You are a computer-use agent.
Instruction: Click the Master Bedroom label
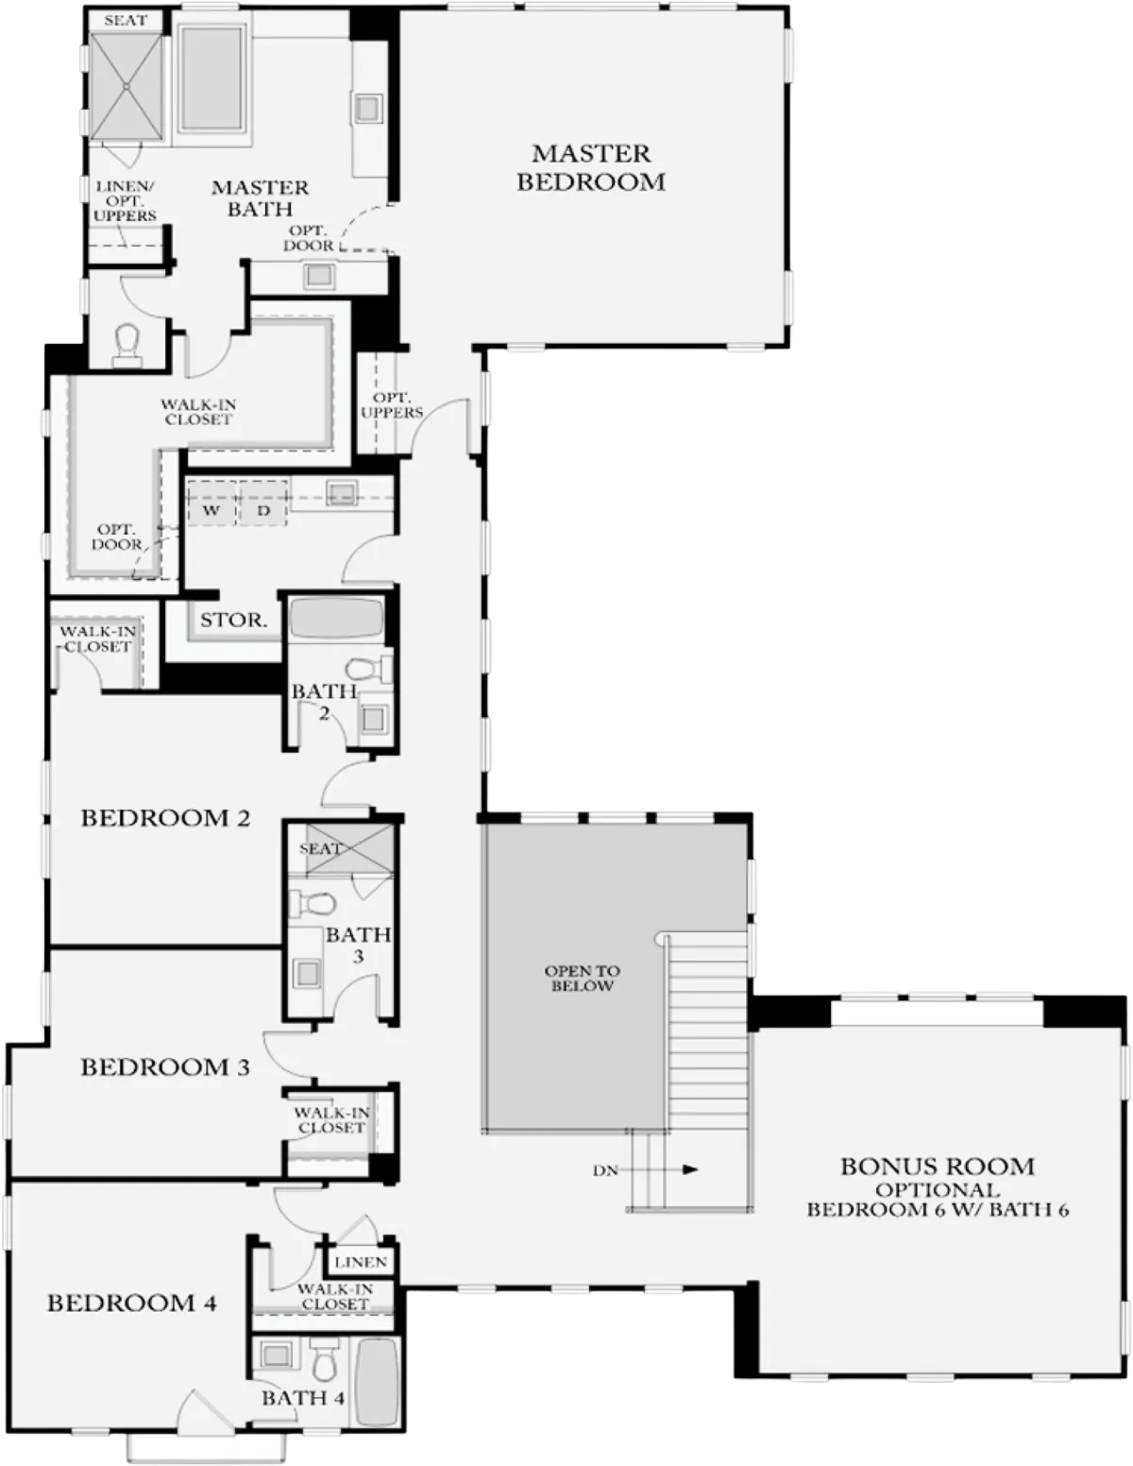coord(590,167)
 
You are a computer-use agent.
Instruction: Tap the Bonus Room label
coord(938,1167)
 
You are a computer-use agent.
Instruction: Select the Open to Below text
coord(583,979)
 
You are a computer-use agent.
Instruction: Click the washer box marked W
coord(211,510)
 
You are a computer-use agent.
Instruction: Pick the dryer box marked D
coord(262,510)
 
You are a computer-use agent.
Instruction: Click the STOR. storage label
coord(233,620)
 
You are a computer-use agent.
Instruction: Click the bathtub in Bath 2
coord(336,618)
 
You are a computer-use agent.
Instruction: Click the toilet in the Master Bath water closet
coord(127,344)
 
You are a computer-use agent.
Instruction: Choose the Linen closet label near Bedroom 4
coord(361,1262)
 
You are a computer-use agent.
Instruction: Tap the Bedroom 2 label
coord(166,818)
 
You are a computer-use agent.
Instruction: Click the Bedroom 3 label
coord(166,1067)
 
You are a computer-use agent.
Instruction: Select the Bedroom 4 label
coord(132,1303)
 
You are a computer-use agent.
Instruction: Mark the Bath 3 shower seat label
coord(320,848)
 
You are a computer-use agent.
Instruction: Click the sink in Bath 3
coord(308,973)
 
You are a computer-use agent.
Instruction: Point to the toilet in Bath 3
coord(313,903)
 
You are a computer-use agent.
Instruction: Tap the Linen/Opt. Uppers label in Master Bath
coord(126,201)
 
